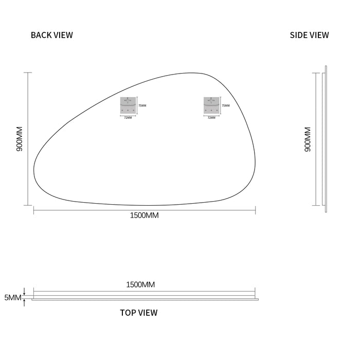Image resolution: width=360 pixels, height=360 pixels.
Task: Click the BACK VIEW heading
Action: point(52,35)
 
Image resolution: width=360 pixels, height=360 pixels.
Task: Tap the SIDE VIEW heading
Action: point(309,35)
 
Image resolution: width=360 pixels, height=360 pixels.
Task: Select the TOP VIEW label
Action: point(139,313)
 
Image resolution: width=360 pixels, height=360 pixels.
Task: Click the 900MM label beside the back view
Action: point(20,139)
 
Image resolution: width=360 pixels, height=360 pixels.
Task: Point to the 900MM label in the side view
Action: point(308,139)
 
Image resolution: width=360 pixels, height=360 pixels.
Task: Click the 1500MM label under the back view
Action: point(144,215)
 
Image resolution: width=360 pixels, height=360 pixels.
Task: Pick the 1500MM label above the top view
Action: point(140,284)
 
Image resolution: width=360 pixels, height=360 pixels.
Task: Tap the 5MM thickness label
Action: point(13,298)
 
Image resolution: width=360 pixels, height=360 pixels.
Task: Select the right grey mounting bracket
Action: point(211,105)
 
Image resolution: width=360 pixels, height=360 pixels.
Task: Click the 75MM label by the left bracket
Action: point(142,105)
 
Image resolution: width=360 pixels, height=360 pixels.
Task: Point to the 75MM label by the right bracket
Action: point(226,105)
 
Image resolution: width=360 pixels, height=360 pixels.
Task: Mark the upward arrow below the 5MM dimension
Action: point(24,302)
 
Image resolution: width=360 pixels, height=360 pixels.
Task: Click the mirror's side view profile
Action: point(325,139)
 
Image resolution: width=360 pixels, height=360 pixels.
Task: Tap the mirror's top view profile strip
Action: point(144,298)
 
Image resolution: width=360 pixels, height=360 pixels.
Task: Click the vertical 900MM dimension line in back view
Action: point(28,139)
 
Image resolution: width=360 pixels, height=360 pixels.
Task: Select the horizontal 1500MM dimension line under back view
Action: point(144,209)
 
